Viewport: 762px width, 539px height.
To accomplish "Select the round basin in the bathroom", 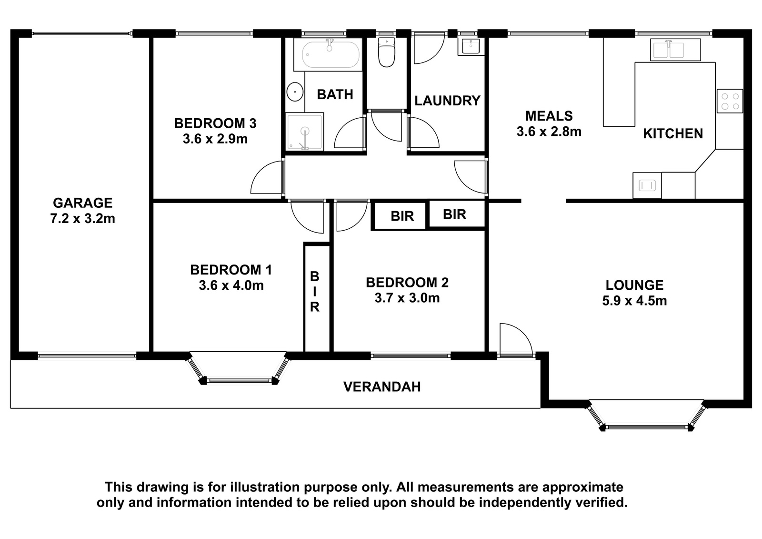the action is click(x=295, y=92).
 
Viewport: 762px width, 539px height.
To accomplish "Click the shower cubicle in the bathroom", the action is click(x=305, y=132).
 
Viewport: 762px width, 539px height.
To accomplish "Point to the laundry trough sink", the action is click(x=471, y=46).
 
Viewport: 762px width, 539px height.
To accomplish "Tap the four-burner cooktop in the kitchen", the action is click(x=730, y=101).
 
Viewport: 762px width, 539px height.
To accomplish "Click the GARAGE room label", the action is click(x=83, y=203).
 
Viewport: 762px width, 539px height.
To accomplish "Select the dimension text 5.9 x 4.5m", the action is click(x=634, y=301).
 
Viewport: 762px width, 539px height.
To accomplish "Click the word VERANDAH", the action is click(x=382, y=387).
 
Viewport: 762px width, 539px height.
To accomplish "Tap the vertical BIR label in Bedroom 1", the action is click(x=315, y=292).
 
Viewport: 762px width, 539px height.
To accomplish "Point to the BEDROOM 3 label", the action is click(x=215, y=123).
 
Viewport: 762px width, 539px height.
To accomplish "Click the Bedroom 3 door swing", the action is click(x=267, y=177).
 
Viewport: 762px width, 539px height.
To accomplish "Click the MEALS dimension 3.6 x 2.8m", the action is click(x=549, y=132).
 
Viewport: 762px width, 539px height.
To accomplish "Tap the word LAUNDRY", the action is click(x=447, y=101).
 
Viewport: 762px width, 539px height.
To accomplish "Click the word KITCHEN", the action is click(x=673, y=134).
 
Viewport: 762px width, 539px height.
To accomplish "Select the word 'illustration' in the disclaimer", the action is click(x=265, y=487).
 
